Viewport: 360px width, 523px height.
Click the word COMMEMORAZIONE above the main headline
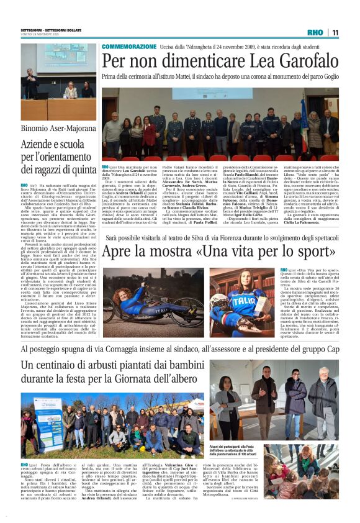[x=128, y=47]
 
